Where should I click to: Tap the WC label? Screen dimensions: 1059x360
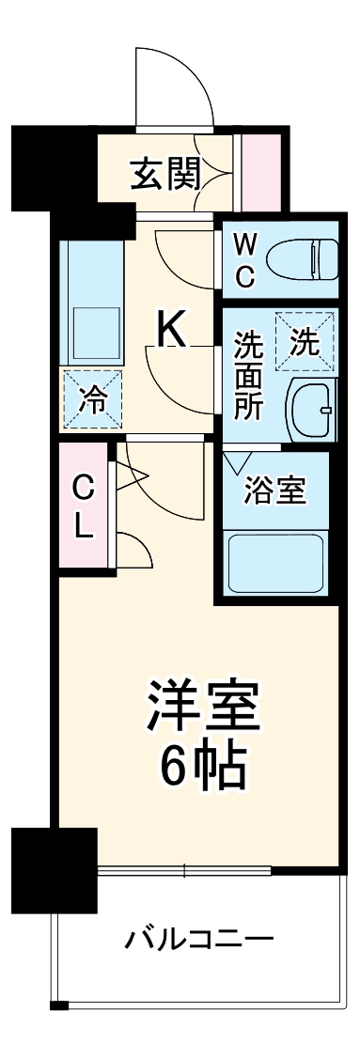[x=244, y=260]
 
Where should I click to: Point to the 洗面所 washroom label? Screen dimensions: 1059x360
[x=248, y=376]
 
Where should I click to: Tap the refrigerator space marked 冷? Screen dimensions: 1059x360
[x=91, y=398]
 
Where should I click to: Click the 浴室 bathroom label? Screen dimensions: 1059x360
[x=274, y=491]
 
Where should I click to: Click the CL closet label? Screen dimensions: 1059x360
[x=84, y=506]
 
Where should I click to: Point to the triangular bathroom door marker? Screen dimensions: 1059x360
[x=236, y=463]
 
